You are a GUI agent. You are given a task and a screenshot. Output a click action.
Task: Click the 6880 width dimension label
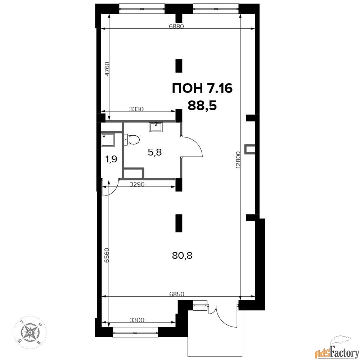pyautogui.click(x=176, y=26)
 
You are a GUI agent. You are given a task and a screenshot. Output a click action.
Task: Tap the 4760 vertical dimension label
pyautogui.click(x=107, y=69)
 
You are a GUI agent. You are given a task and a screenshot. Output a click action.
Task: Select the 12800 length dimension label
pyautogui.click(x=238, y=160)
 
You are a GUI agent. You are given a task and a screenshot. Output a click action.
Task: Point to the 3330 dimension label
pyautogui.click(x=136, y=109)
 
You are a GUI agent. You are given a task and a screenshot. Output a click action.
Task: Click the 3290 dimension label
pyautogui.click(x=137, y=184)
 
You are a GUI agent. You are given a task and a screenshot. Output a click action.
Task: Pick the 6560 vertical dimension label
pyautogui.click(x=106, y=255)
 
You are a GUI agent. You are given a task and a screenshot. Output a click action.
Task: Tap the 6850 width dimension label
pyautogui.click(x=176, y=294)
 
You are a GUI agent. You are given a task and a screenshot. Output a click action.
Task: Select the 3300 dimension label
pyautogui.click(x=137, y=320)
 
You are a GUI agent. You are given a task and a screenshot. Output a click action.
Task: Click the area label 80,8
pyautogui.click(x=182, y=255)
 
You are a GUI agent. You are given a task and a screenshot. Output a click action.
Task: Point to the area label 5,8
pyautogui.click(x=155, y=152)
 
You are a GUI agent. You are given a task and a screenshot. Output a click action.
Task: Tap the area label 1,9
pyautogui.click(x=111, y=159)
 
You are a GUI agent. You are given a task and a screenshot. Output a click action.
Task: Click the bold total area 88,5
pyautogui.click(x=202, y=106)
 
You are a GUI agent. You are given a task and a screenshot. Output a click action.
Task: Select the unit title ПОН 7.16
pyautogui.click(x=202, y=89)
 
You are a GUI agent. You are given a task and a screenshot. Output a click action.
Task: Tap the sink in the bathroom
pyautogui.click(x=156, y=127)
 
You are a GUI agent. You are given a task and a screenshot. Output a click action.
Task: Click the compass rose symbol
pyautogui.click(x=30, y=332)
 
